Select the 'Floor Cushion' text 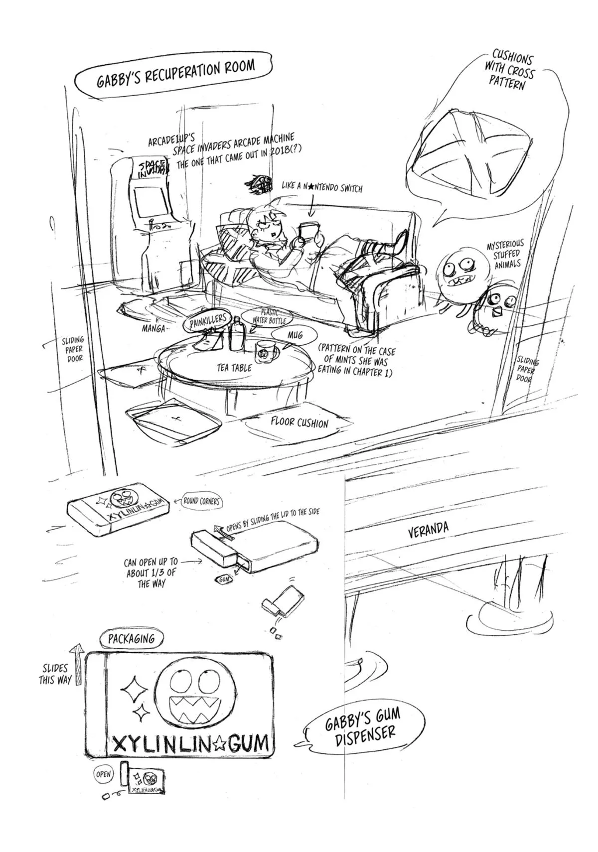[x=299, y=423]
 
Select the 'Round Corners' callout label [x=201, y=501]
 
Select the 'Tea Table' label [x=234, y=368]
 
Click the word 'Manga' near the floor [x=153, y=329]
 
